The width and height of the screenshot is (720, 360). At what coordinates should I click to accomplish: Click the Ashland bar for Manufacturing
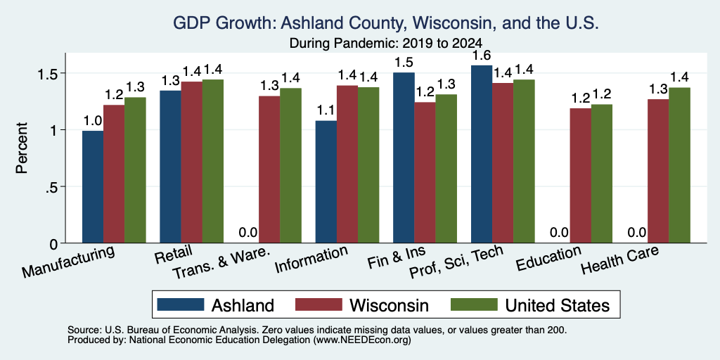[93, 187]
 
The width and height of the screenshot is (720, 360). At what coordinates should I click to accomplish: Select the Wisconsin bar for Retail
[191, 162]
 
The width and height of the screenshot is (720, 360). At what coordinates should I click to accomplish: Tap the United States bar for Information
[368, 165]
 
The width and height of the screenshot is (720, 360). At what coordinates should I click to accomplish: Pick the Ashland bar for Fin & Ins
[404, 157]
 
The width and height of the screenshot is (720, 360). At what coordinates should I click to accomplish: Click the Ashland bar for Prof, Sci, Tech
[481, 154]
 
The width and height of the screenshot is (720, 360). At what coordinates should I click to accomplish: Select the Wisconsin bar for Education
[580, 175]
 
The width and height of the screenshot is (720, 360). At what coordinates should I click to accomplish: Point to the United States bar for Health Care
[679, 165]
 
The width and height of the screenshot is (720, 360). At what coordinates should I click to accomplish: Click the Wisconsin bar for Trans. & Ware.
[269, 169]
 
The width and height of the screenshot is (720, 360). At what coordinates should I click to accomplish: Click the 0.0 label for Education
[559, 232]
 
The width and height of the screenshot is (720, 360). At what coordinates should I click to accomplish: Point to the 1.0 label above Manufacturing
[93, 121]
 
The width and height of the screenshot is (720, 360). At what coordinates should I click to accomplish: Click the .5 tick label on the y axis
[57, 187]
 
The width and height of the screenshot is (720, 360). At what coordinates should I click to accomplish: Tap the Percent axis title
[22, 148]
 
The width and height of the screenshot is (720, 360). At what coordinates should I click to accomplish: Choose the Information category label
[311, 259]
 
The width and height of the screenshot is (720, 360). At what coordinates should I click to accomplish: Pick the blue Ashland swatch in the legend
[181, 304]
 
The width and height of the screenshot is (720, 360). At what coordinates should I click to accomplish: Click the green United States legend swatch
[475, 304]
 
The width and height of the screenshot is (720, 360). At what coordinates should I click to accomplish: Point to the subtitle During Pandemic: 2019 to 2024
[386, 43]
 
